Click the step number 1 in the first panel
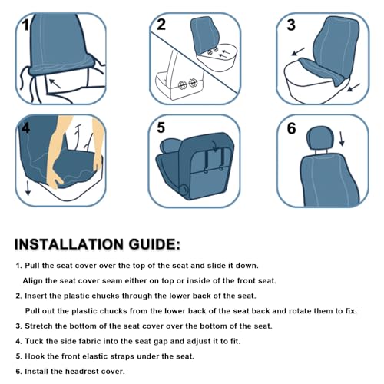(26, 25)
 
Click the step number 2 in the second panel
(161, 24)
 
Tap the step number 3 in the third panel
(290, 25)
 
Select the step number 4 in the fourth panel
(26, 128)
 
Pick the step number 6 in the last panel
(291, 128)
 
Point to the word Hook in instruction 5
(35, 356)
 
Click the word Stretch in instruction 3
(39, 326)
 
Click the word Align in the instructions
(35, 280)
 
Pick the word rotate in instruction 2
(268, 310)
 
